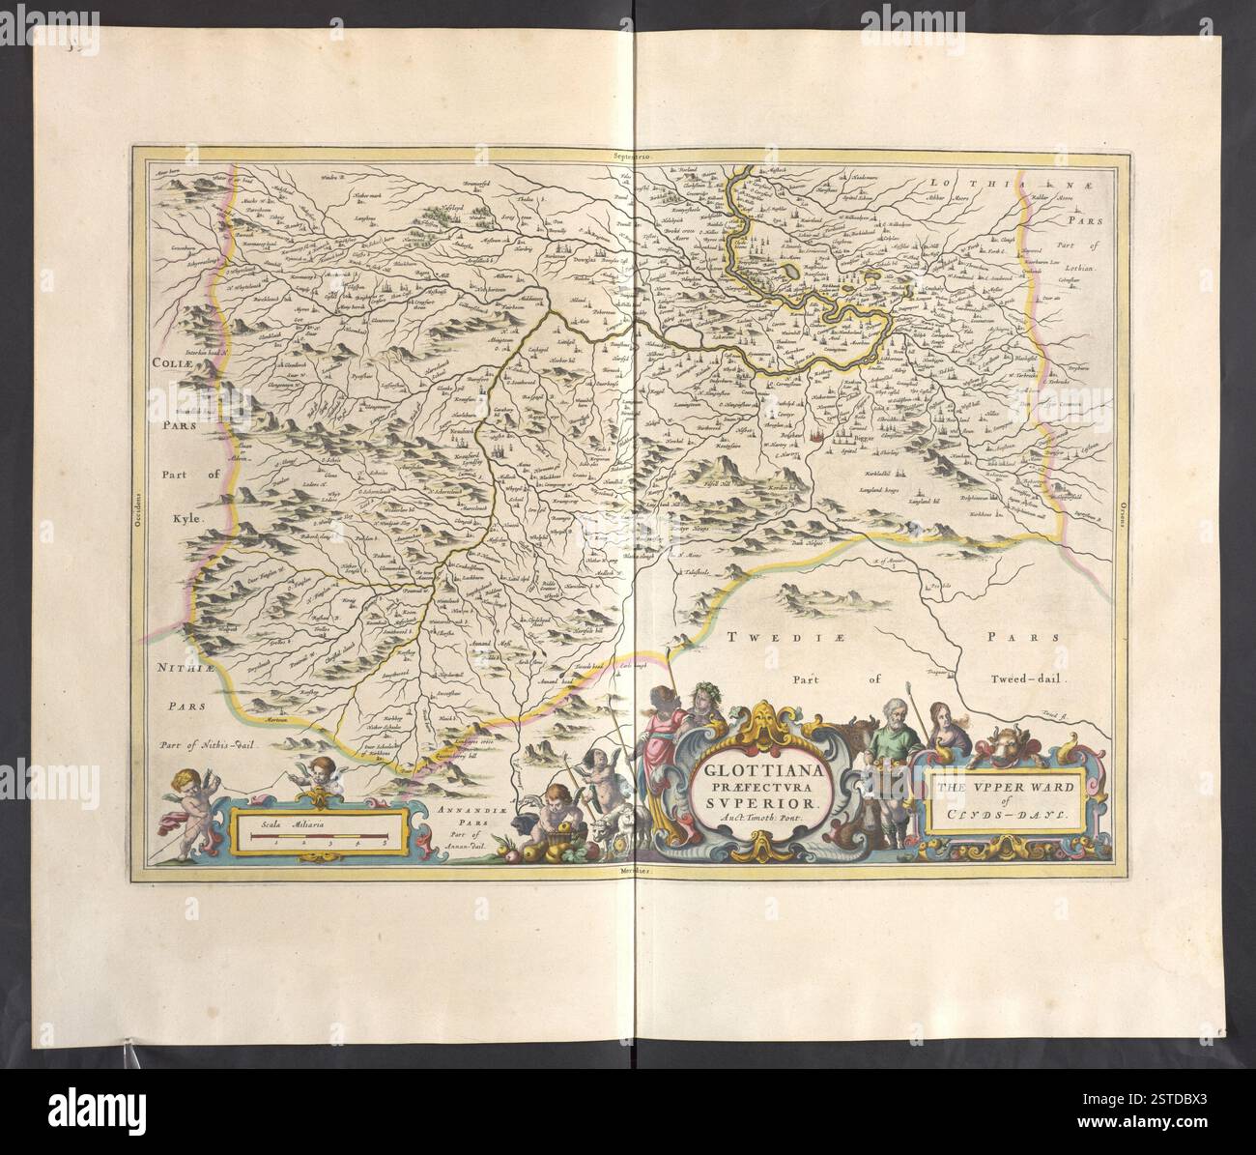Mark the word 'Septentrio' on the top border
(x=633, y=154)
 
